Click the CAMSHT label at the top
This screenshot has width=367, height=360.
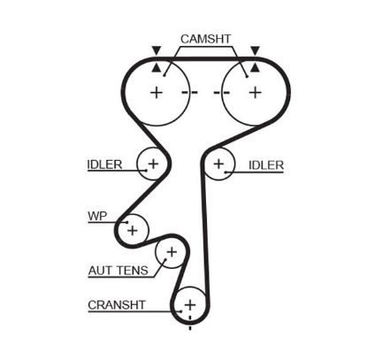[206, 39]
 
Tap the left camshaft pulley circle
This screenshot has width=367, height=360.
[157, 92]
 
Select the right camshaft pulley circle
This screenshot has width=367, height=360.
[254, 92]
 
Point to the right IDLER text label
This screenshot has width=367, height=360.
[266, 165]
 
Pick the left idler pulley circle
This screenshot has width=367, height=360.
[152, 163]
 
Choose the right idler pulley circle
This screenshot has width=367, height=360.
[218, 164]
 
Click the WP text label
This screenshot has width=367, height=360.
[96, 216]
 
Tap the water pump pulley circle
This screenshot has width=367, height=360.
[133, 230]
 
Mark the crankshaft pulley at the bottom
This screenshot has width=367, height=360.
[188, 305]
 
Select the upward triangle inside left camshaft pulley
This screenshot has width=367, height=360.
[157, 67]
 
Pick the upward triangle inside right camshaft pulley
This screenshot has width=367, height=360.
[254, 67]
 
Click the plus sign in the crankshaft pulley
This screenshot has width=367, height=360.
[188, 305]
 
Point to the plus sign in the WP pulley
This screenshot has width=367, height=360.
[133, 230]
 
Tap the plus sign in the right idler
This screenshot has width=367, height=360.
[218, 164]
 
